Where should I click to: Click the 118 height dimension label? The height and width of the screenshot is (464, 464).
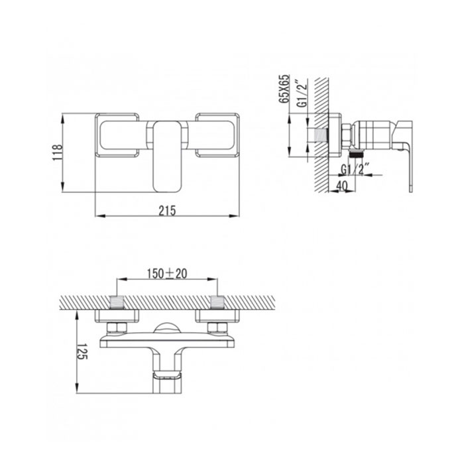point(57,152)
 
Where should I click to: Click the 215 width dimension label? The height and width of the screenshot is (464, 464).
point(167,211)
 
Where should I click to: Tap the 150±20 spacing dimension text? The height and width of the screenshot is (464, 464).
point(167,274)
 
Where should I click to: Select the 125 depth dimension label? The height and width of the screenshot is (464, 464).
point(82,351)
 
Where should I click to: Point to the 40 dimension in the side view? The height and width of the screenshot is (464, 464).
point(342,186)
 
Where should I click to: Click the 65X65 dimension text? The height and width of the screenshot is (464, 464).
point(284,88)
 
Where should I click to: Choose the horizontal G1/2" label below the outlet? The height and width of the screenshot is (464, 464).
point(355,170)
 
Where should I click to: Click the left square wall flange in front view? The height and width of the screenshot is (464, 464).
point(117,135)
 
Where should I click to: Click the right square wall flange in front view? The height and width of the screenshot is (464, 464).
point(217,135)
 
